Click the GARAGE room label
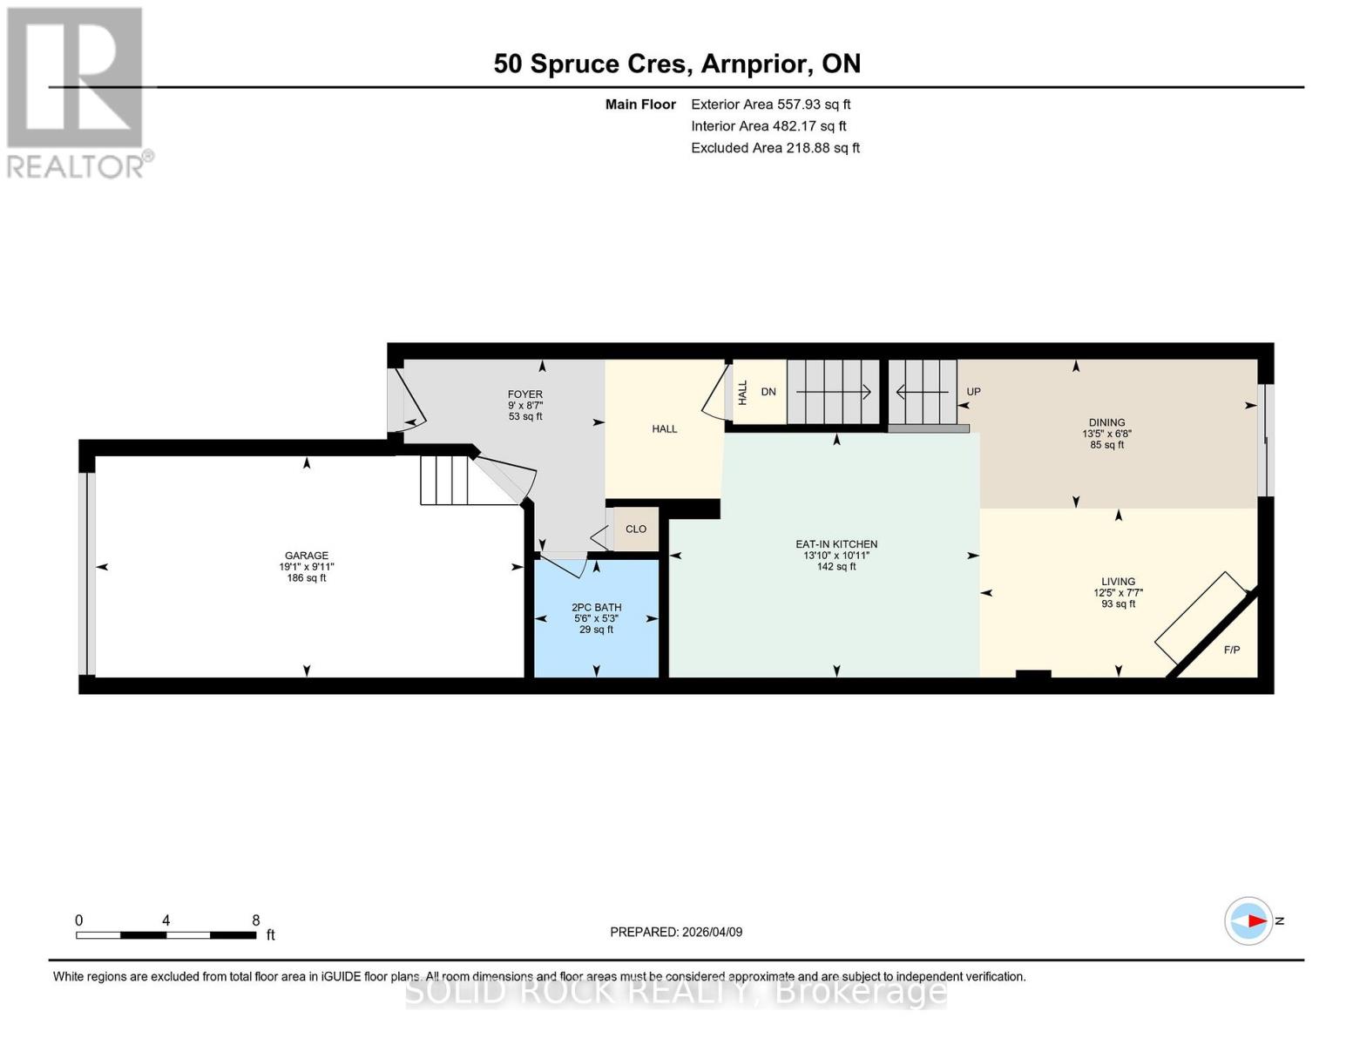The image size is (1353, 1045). [x=306, y=556]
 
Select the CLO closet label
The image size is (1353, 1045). [x=636, y=529]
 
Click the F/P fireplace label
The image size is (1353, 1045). [x=1231, y=651]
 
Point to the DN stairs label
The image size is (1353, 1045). [x=768, y=392]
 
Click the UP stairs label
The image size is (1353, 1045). [x=973, y=392]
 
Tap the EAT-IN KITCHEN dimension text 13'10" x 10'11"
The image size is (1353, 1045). [x=836, y=556]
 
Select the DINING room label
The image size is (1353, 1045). [x=1106, y=422]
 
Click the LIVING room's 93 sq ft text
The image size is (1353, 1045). [x=1119, y=604]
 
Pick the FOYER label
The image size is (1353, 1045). [x=525, y=394]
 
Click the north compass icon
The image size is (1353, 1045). [x=1249, y=920]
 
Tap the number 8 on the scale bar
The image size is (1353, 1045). [x=255, y=920]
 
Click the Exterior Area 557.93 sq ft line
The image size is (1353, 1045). [x=770, y=104]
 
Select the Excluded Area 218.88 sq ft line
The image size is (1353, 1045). [x=775, y=148]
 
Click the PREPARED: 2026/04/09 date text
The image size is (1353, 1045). [x=676, y=932]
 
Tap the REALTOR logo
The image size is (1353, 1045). [x=77, y=91]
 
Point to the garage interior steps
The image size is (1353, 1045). [x=444, y=480]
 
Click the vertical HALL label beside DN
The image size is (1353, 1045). [x=743, y=392]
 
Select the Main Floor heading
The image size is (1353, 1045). [x=640, y=104]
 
